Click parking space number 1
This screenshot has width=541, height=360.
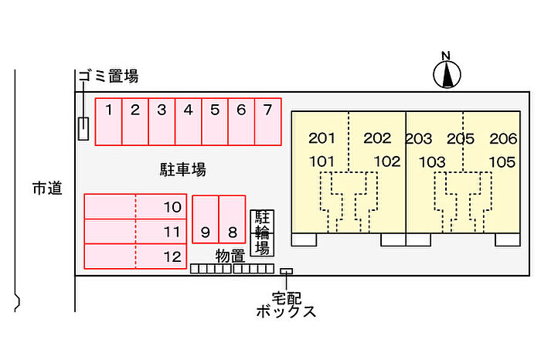click(x=109, y=121)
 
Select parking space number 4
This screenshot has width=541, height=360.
click(x=188, y=121)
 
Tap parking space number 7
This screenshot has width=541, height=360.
click(x=267, y=121)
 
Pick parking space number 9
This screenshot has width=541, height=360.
click(x=205, y=220)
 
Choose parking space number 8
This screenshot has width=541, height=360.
click(x=231, y=220)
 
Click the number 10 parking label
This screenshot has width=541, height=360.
click(x=172, y=207)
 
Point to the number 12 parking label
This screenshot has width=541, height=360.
click(x=172, y=256)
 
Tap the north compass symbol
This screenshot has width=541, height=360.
click(x=446, y=73)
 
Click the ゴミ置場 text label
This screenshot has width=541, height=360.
click(x=107, y=76)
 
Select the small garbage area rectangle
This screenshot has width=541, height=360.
click(x=83, y=128)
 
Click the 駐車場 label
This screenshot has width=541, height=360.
click(x=182, y=168)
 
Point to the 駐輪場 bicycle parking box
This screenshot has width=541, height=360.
click(x=262, y=232)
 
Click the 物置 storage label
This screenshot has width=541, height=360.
click(x=230, y=255)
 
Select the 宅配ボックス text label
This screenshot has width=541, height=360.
click(x=286, y=304)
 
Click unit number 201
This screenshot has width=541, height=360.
click(x=322, y=139)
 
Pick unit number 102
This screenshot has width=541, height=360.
click(x=386, y=161)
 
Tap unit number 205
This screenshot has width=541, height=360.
click(x=460, y=139)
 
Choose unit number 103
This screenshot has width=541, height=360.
click(x=433, y=162)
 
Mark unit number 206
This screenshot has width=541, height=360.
click(x=502, y=139)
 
